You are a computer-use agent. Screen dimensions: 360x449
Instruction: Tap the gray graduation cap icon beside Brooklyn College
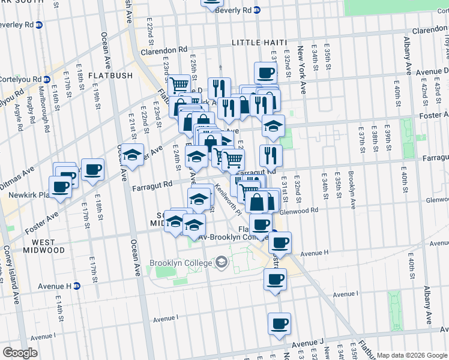[x=221, y=262]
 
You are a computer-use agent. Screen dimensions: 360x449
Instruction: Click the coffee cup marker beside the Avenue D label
[x=265, y=74]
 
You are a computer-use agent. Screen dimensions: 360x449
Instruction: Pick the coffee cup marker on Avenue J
[x=279, y=324]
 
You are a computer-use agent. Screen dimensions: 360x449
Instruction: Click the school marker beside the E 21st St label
[x=134, y=155]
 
